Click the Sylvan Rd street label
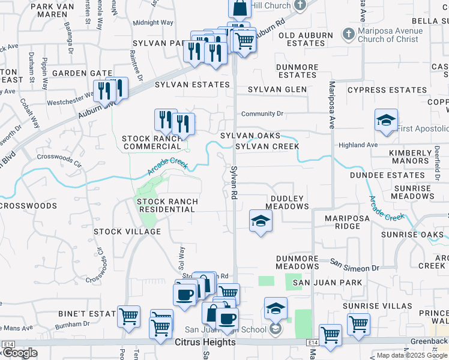tap(235, 183)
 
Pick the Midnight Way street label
tap(153, 23)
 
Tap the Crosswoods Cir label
tap(59, 159)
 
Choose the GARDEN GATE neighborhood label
tap(82, 73)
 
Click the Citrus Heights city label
tap(205, 342)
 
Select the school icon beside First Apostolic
tap(387, 119)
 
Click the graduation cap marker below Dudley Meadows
tap(261, 220)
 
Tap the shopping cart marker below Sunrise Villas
tap(358, 323)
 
